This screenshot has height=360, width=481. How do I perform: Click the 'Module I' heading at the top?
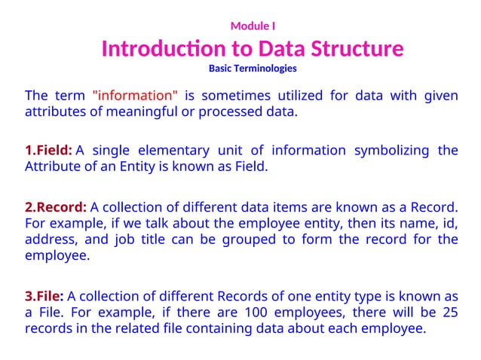click(253, 26)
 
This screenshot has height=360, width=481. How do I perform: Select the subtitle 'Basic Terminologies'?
click(253, 69)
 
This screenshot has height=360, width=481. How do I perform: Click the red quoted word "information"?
click(135, 96)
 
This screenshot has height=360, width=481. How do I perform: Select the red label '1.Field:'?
click(48, 151)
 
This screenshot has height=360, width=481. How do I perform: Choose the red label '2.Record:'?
click(56, 206)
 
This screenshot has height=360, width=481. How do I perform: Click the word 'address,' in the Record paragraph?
click(50, 239)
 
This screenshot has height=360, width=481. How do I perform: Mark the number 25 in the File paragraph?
click(449, 312)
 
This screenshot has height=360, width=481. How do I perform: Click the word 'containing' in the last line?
click(245, 328)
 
